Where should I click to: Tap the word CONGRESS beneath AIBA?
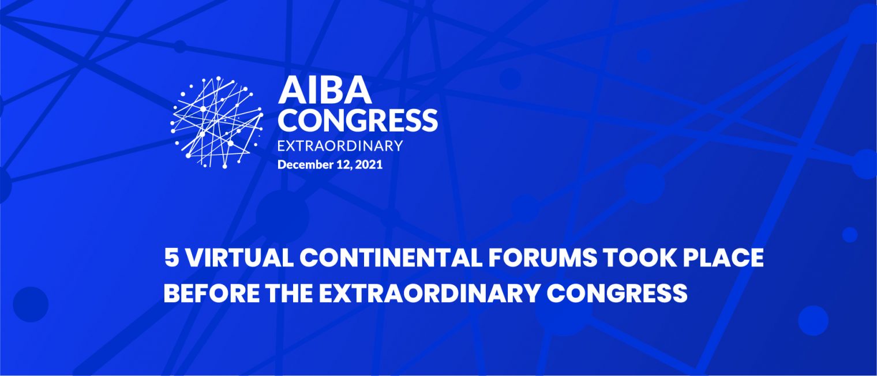pyautogui.click(x=358, y=120)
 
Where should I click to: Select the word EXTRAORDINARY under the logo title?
pyautogui.click(x=340, y=145)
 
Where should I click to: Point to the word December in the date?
pyautogui.click(x=305, y=164)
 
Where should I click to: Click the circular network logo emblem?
pyautogui.click(x=216, y=122)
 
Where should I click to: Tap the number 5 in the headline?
pyautogui.click(x=171, y=258)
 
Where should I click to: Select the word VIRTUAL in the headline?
pyautogui.click(x=238, y=258)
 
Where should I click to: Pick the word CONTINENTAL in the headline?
pyautogui.click(x=391, y=258)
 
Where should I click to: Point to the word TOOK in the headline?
pyautogui.click(x=639, y=258)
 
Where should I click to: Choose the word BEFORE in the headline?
pyautogui.click(x=211, y=293)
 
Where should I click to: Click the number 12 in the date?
pyautogui.click(x=344, y=164)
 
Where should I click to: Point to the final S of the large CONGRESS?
pyautogui.click(x=429, y=120)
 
